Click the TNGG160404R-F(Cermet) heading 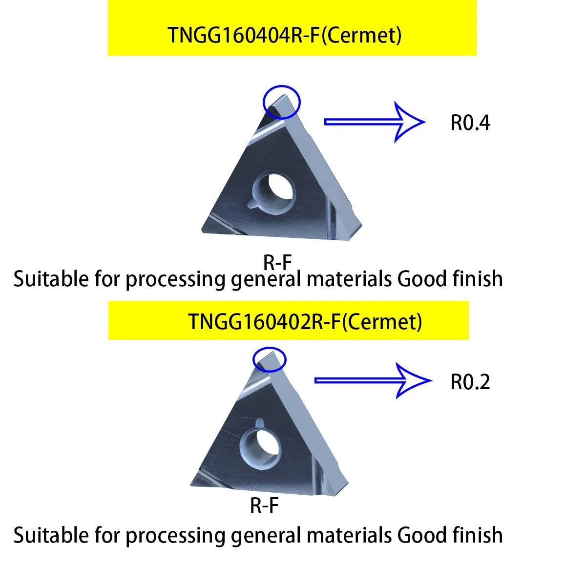tap(285, 35)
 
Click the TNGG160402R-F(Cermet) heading tap(305, 321)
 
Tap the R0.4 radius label tap(470, 123)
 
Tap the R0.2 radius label tap(470, 382)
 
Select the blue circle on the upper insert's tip tap(281, 102)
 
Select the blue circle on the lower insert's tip tap(269, 359)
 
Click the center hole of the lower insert tap(261, 445)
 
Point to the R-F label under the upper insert tap(277, 263)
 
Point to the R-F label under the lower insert tap(264, 505)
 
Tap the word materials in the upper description tap(349, 279)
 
